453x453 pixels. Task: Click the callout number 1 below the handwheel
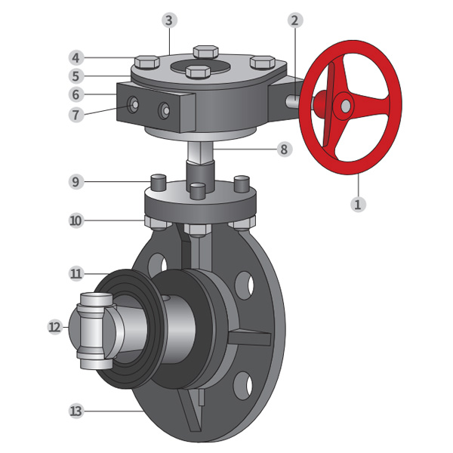[x=358, y=205]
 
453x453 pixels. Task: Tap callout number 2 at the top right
[x=295, y=21]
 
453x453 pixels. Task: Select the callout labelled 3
[x=169, y=20]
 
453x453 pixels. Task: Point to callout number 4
[x=76, y=58]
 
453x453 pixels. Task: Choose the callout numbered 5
[x=76, y=76]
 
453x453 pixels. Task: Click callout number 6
[x=76, y=94]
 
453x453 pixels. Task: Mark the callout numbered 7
[x=76, y=115]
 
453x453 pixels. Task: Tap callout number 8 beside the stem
[x=285, y=149]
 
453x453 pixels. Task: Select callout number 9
[x=76, y=182]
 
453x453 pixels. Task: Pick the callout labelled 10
[x=76, y=221]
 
